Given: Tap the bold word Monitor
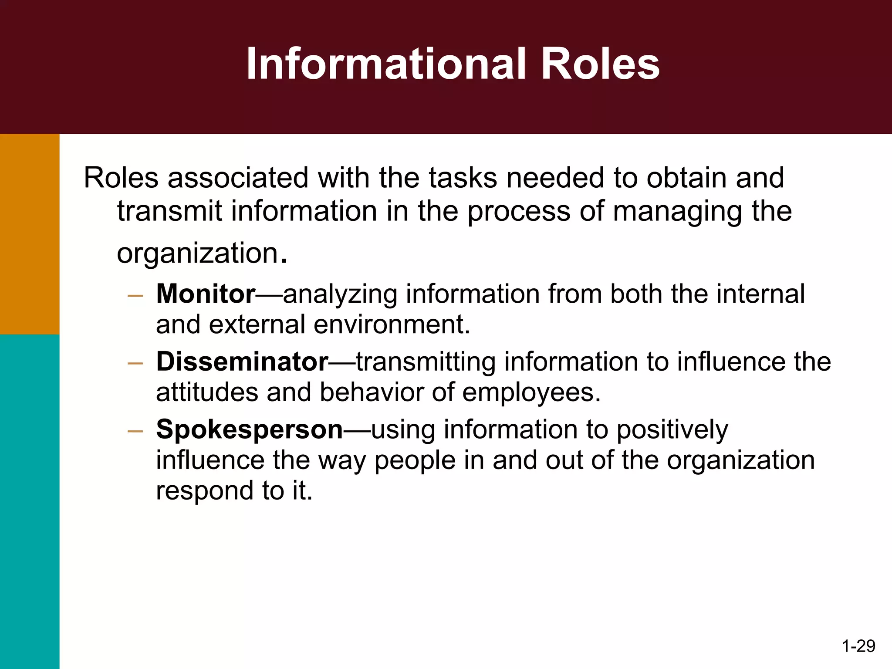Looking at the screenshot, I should pos(206,294).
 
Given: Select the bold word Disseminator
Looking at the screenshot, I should pos(242,362).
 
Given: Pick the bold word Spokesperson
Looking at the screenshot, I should pos(250,429).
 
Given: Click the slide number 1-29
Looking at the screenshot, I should pos(858,645).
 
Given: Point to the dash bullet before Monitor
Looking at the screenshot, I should pos(135,296).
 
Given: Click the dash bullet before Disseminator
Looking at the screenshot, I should pos(135,364).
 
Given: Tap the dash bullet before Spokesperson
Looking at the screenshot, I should pos(135,432).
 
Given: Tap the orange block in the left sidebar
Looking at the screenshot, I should pos(30,234).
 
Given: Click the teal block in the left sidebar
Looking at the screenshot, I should pos(30,501).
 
